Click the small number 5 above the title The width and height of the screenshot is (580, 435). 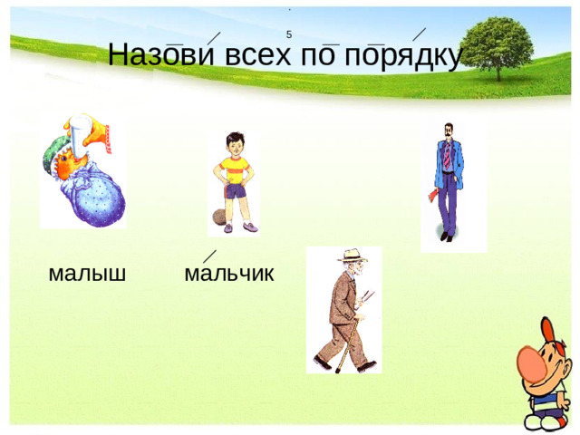pyautogui.click(x=288, y=34)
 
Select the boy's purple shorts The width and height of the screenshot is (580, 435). pyautogui.click(x=237, y=192)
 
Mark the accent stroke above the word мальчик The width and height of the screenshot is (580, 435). pyautogui.click(x=209, y=256)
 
